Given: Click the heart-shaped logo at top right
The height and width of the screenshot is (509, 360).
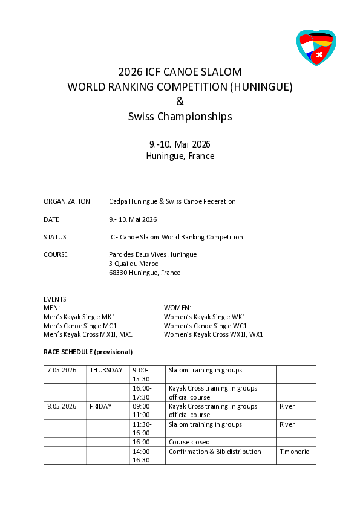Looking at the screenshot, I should click(x=316, y=47).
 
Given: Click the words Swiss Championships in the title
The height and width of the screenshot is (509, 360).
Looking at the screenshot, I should click(x=180, y=117).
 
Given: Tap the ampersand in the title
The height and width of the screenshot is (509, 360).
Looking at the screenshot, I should click(x=180, y=102).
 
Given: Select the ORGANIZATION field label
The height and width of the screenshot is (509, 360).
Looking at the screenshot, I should click(x=67, y=201).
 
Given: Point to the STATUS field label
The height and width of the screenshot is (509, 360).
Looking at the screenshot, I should click(x=55, y=237).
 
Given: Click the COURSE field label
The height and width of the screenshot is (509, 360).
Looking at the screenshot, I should click(x=56, y=254).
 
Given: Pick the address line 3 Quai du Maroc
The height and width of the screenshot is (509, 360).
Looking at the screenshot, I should click(x=133, y=264).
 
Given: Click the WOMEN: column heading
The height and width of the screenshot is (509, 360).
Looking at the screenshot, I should click(x=177, y=308).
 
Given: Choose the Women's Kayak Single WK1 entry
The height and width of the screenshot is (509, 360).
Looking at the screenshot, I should click(x=205, y=317).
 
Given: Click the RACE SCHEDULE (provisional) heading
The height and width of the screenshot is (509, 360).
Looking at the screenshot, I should click(x=88, y=352).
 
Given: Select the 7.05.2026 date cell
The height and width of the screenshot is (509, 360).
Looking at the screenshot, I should click(x=62, y=370).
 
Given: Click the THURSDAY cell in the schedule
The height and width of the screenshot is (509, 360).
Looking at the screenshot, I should click(x=106, y=370).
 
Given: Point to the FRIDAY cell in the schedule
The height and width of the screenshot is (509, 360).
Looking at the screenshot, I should click(x=101, y=406).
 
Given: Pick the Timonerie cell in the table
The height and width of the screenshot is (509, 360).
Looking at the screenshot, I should click(x=295, y=452).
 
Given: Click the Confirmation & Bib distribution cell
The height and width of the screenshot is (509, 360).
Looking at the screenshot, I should click(x=215, y=452).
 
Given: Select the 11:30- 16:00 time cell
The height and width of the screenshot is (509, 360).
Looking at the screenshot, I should click(x=142, y=428).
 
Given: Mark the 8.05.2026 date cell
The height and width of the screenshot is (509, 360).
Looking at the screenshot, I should click(x=62, y=406).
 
